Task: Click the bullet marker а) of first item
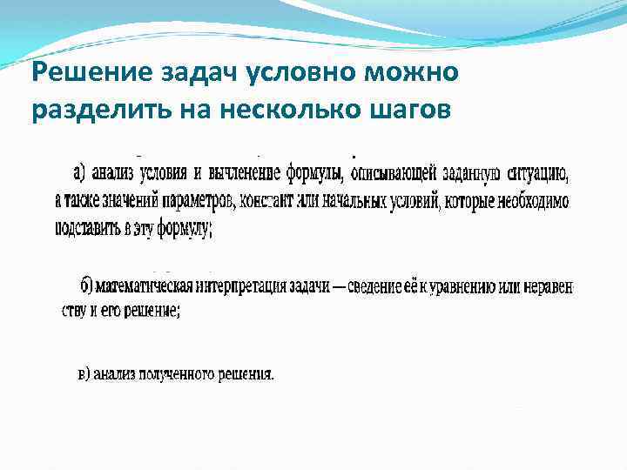(85, 171)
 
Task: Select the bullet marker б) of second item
(86, 285)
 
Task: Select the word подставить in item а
(90, 230)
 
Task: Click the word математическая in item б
(148, 285)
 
